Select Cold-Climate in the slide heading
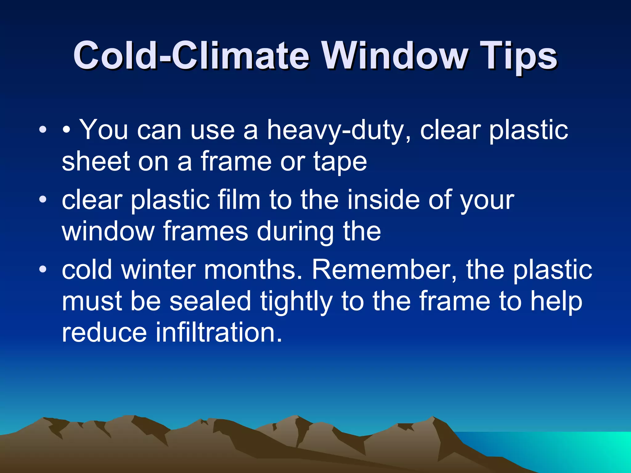click(x=191, y=56)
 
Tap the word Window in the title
click(x=395, y=56)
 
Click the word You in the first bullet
click(x=104, y=130)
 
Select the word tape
click(x=340, y=163)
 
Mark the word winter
click(x=158, y=270)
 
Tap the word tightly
click(x=296, y=302)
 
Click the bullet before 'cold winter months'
click(x=43, y=269)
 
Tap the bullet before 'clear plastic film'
click(x=43, y=199)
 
